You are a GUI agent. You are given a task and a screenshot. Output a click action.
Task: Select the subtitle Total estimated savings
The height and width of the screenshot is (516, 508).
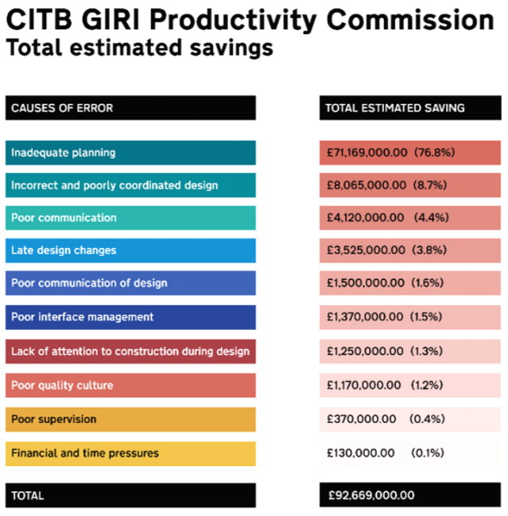click(x=139, y=48)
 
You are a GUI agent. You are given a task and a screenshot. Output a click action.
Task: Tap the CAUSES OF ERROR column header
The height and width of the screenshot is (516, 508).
click(x=62, y=108)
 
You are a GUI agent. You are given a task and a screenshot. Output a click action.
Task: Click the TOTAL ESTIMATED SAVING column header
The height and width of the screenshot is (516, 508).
click(x=395, y=108)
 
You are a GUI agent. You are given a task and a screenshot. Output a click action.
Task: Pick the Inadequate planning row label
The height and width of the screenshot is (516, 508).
click(x=64, y=153)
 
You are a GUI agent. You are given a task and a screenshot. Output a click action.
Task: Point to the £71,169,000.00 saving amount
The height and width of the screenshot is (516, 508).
click(x=367, y=153)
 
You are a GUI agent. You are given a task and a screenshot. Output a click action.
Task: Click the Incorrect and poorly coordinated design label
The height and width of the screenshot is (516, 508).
click(x=114, y=185)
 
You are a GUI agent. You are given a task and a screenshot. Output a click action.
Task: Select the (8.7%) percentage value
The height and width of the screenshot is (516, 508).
click(x=430, y=185)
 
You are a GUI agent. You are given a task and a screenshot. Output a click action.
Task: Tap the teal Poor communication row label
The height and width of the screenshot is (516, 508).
click(x=64, y=218)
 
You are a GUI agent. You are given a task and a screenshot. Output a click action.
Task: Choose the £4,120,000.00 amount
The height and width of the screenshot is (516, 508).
click(x=366, y=218)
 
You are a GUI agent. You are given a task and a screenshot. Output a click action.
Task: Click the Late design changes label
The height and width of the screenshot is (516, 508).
click(x=64, y=250)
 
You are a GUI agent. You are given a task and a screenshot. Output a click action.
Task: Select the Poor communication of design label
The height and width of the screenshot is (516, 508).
click(x=89, y=283)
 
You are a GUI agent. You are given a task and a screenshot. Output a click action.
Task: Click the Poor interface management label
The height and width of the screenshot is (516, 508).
click(x=83, y=317)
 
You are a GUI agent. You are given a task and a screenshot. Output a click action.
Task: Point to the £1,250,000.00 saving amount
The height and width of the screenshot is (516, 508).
click(x=365, y=351)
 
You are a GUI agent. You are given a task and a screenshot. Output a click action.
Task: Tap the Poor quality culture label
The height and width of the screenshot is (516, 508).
click(x=62, y=386)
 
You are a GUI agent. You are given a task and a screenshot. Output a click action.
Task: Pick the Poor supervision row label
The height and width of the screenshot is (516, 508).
click(x=54, y=419)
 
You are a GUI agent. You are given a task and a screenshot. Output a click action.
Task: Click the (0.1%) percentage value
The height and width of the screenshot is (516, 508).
click(x=427, y=453)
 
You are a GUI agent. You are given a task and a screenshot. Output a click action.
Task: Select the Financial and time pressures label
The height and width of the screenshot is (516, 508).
click(x=85, y=453)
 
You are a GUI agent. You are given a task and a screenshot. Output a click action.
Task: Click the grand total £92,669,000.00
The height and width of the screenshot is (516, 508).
click(x=371, y=495)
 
